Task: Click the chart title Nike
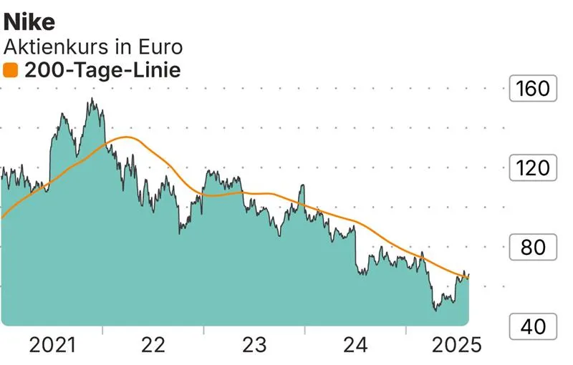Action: [29, 21]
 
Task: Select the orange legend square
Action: [11, 70]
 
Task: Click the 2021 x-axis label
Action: [52, 346]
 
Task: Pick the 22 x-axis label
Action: [153, 346]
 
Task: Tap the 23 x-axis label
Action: [254, 346]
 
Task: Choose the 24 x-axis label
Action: [355, 346]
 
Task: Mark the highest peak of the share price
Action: [91, 99]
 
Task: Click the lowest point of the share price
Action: [435, 310]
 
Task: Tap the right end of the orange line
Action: [468, 277]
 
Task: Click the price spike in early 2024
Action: [303, 185]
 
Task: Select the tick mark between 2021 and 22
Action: [102, 331]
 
